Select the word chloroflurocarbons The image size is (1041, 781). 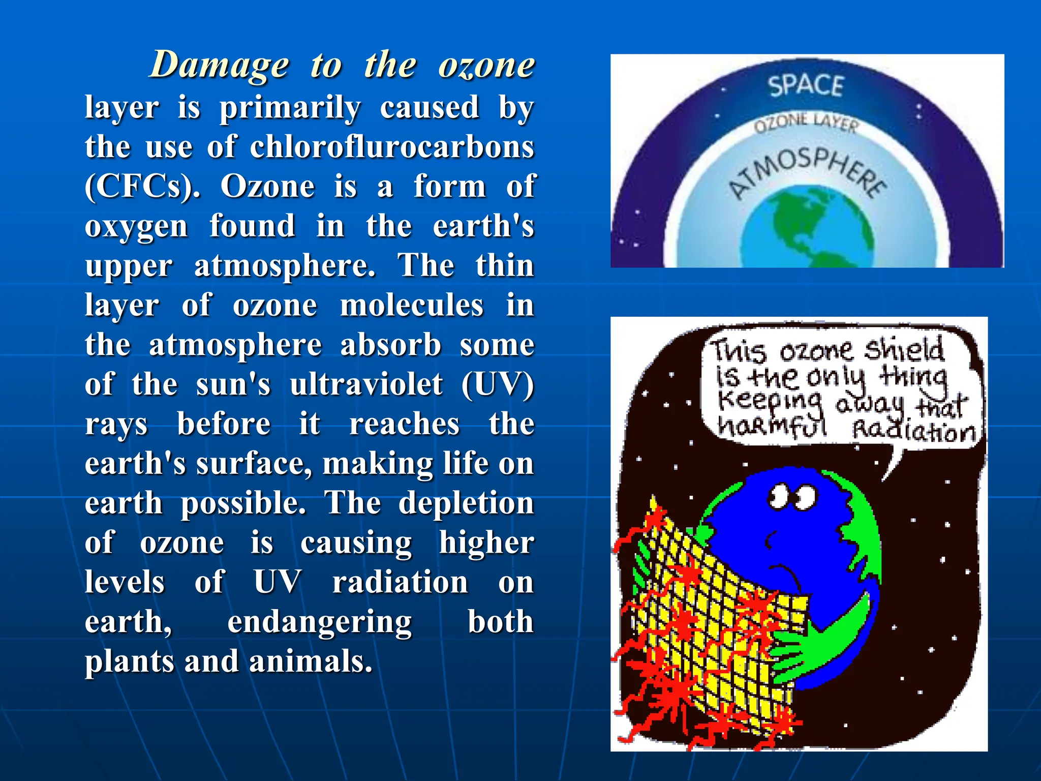point(392,147)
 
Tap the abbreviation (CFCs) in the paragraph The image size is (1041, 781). point(142,187)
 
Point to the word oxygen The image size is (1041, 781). point(136,227)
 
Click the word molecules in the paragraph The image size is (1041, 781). point(412,306)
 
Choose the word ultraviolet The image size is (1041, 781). point(366,385)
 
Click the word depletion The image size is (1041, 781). point(466,504)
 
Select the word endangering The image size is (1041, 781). point(319,623)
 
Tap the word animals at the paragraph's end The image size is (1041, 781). point(311,663)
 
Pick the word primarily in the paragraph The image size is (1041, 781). point(290,108)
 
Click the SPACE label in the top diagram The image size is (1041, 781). point(806,85)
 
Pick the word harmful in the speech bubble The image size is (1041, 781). point(772,427)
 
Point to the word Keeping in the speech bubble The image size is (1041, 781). point(769,402)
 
